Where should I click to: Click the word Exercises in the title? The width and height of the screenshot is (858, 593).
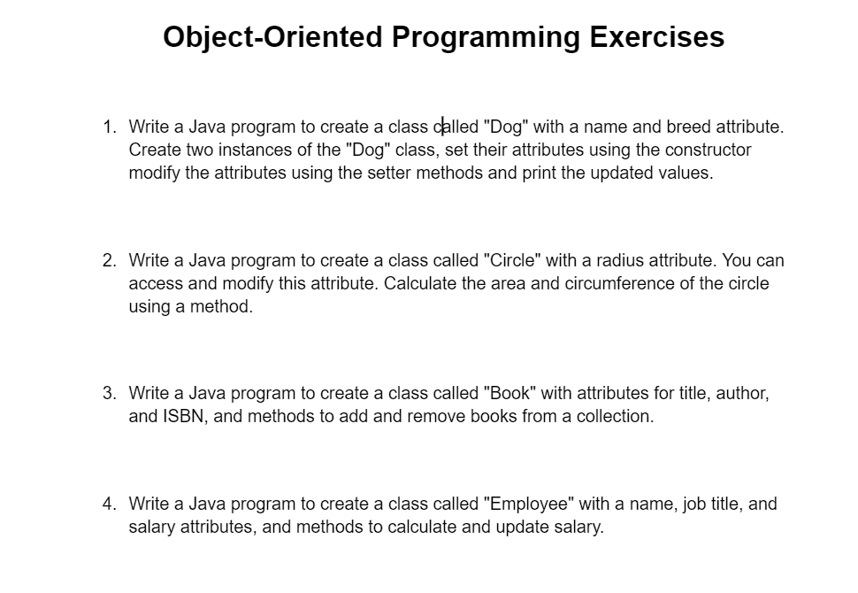[x=656, y=37]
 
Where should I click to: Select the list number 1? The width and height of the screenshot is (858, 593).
[x=109, y=127]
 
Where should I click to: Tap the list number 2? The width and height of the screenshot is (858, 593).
[x=109, y=260]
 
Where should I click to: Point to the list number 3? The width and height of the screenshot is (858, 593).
[x=109, y=393]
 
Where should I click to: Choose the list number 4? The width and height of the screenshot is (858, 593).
[x=109, y=504]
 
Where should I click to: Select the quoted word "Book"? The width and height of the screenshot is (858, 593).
[x=509, y=393]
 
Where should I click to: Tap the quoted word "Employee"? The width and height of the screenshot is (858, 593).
[x=529, y=504]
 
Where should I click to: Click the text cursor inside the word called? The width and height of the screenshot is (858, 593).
[x=443, y=127]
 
